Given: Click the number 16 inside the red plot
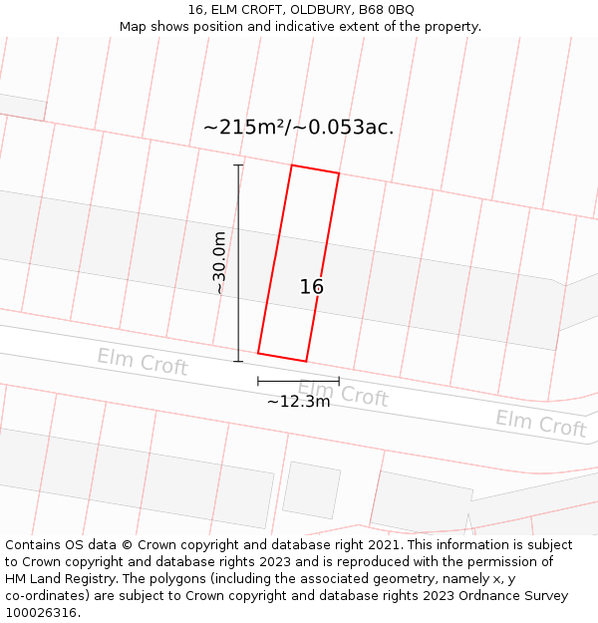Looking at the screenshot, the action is [312, 287].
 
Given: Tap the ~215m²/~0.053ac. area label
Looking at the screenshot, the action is [298, 128].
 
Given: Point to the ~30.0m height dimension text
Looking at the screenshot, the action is [219, 262].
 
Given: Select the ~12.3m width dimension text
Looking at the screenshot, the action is [298, 402].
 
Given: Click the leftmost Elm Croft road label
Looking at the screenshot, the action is [142, 361].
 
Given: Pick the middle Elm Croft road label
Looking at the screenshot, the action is [343, 393].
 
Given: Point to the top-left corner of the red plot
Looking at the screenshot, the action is [292, 165].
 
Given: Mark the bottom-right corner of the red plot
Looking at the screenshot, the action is [305, 361].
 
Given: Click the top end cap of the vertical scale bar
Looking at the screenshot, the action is [238, 165].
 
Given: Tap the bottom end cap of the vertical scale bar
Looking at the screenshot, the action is [238, 362].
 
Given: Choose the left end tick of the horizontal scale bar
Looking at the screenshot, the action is [258, 381].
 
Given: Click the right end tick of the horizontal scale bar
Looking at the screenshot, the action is [339, 381].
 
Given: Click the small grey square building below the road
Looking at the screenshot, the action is [311, 489].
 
